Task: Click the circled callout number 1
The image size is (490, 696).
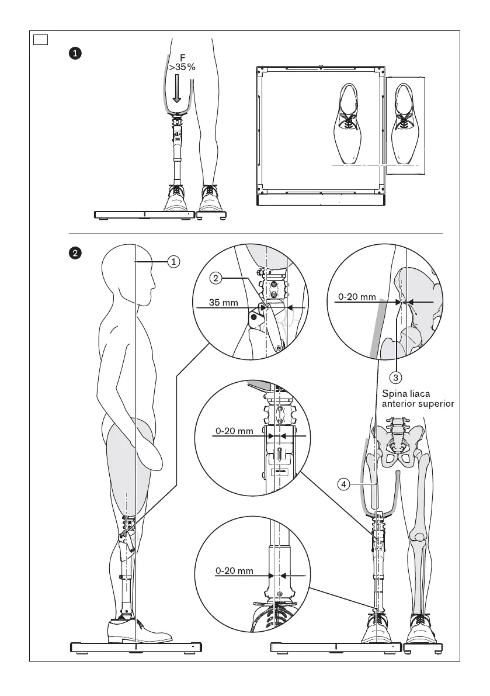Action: coord(173,262)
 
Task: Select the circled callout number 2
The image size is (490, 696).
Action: coord(216,279)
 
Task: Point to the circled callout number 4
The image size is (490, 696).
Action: coord(345,483)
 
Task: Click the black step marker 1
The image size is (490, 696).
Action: coord(75,53)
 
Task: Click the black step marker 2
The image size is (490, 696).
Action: coord(75,254)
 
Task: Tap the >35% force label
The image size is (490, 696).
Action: coord(182,67)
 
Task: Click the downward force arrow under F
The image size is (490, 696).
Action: coord(178,92)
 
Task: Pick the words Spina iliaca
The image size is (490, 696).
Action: coord(405,393)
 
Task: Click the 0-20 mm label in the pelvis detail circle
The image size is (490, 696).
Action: coord(357,297)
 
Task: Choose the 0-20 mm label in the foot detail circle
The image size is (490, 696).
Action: coord(234,570)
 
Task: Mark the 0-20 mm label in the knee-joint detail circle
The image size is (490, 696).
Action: coord(234,431)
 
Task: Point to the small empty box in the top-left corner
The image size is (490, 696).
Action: coord(40,40)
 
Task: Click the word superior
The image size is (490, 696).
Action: coord(433,403)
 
